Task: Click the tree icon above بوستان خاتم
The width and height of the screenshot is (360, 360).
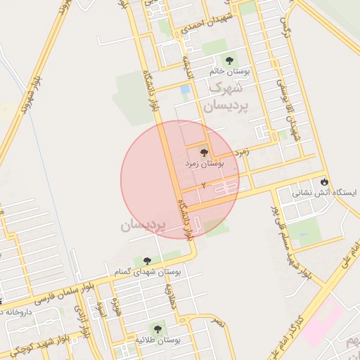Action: pyautogui.click(x=228, y=61)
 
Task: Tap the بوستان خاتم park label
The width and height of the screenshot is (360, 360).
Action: pyautogui.click(x=227, y=72)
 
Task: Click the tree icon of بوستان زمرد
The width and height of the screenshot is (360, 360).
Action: pyautogui.click(x=204, y=152)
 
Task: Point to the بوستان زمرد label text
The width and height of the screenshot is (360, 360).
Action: pyautogui.click(x=204, y=163)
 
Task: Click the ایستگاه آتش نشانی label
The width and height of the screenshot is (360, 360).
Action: pyautogui.click(x=325, y=192)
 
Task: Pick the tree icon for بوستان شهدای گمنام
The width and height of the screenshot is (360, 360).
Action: pyautogui.click(x=147, y=261)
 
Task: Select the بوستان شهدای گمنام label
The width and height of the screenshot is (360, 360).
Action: pyautogui.click(x=147, y=271)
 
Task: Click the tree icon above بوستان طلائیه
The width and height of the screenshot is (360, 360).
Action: pyautogui.click(x=157, y=328)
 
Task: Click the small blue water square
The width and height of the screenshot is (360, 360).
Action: pyautogui.click(x=185, y=90)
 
